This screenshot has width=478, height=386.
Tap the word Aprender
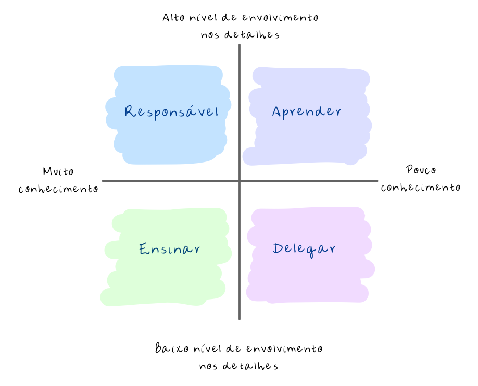(307, 111)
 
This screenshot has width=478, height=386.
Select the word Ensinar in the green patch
(170, 249)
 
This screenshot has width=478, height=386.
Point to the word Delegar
(304, 249)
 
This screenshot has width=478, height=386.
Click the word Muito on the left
(58, 171)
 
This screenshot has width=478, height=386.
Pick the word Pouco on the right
(421, 170)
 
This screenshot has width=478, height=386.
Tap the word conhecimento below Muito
(58, 189)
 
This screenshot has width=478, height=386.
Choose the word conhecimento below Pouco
(421, 188)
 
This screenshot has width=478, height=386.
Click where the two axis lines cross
(240, 181)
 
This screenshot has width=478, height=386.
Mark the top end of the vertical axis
(240, 46)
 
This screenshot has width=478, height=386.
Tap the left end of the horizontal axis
(104, 181)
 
